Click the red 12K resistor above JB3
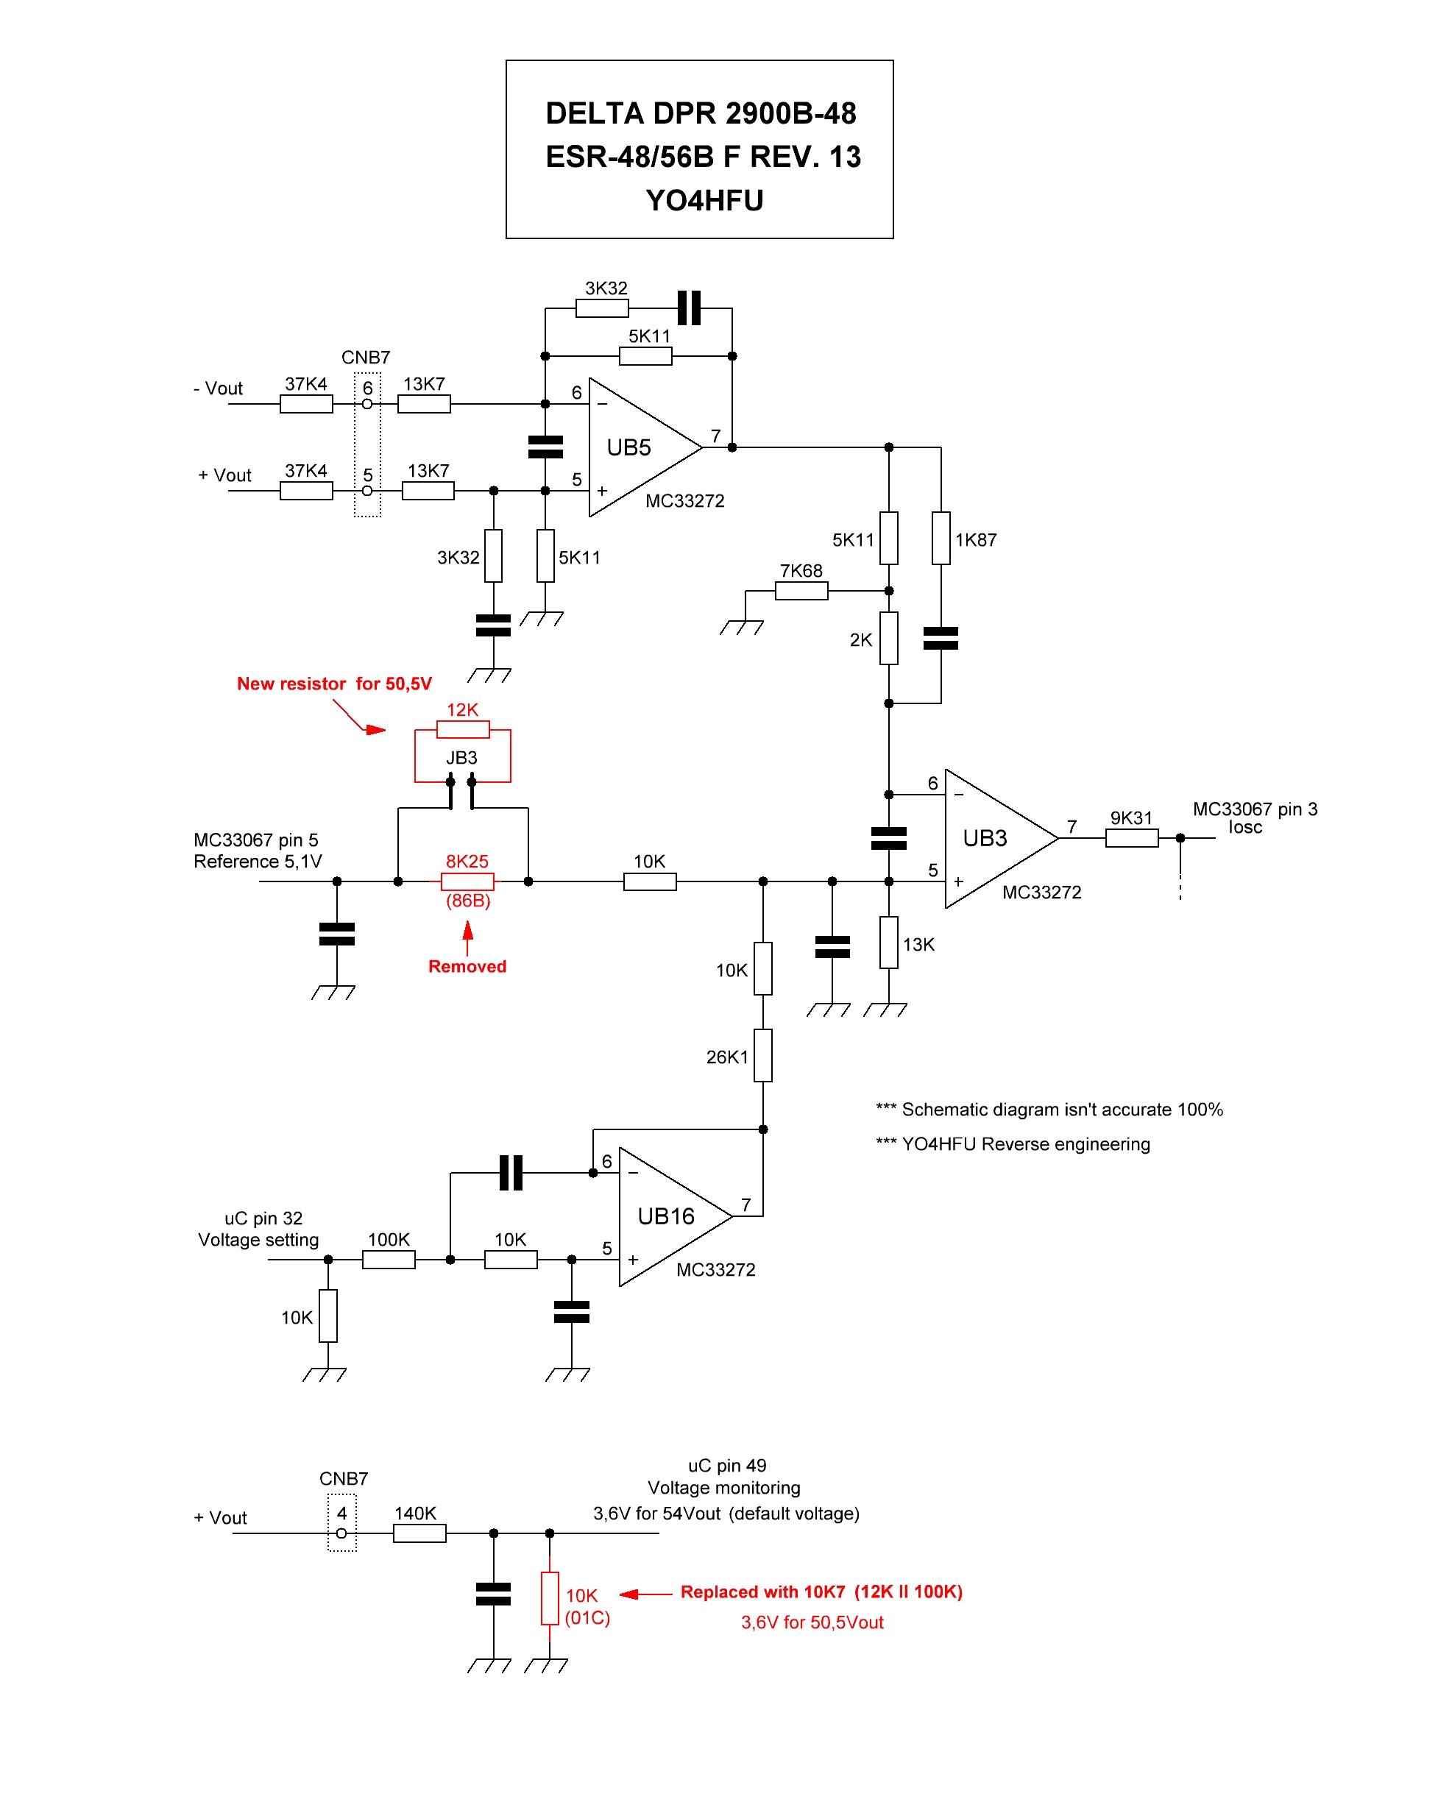462,730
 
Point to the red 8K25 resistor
467,881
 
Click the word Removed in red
467,966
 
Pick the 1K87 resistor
941,538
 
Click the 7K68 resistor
801,591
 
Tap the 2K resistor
889,639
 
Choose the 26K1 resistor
763,1056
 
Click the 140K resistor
419,1533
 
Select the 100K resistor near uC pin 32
388,1259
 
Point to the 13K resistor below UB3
889,943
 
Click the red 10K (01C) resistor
549,1598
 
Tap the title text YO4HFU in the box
704,200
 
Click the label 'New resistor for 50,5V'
334,684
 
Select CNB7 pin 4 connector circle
341,1533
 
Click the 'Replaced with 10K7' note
821,1592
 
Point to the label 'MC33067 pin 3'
1255,809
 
